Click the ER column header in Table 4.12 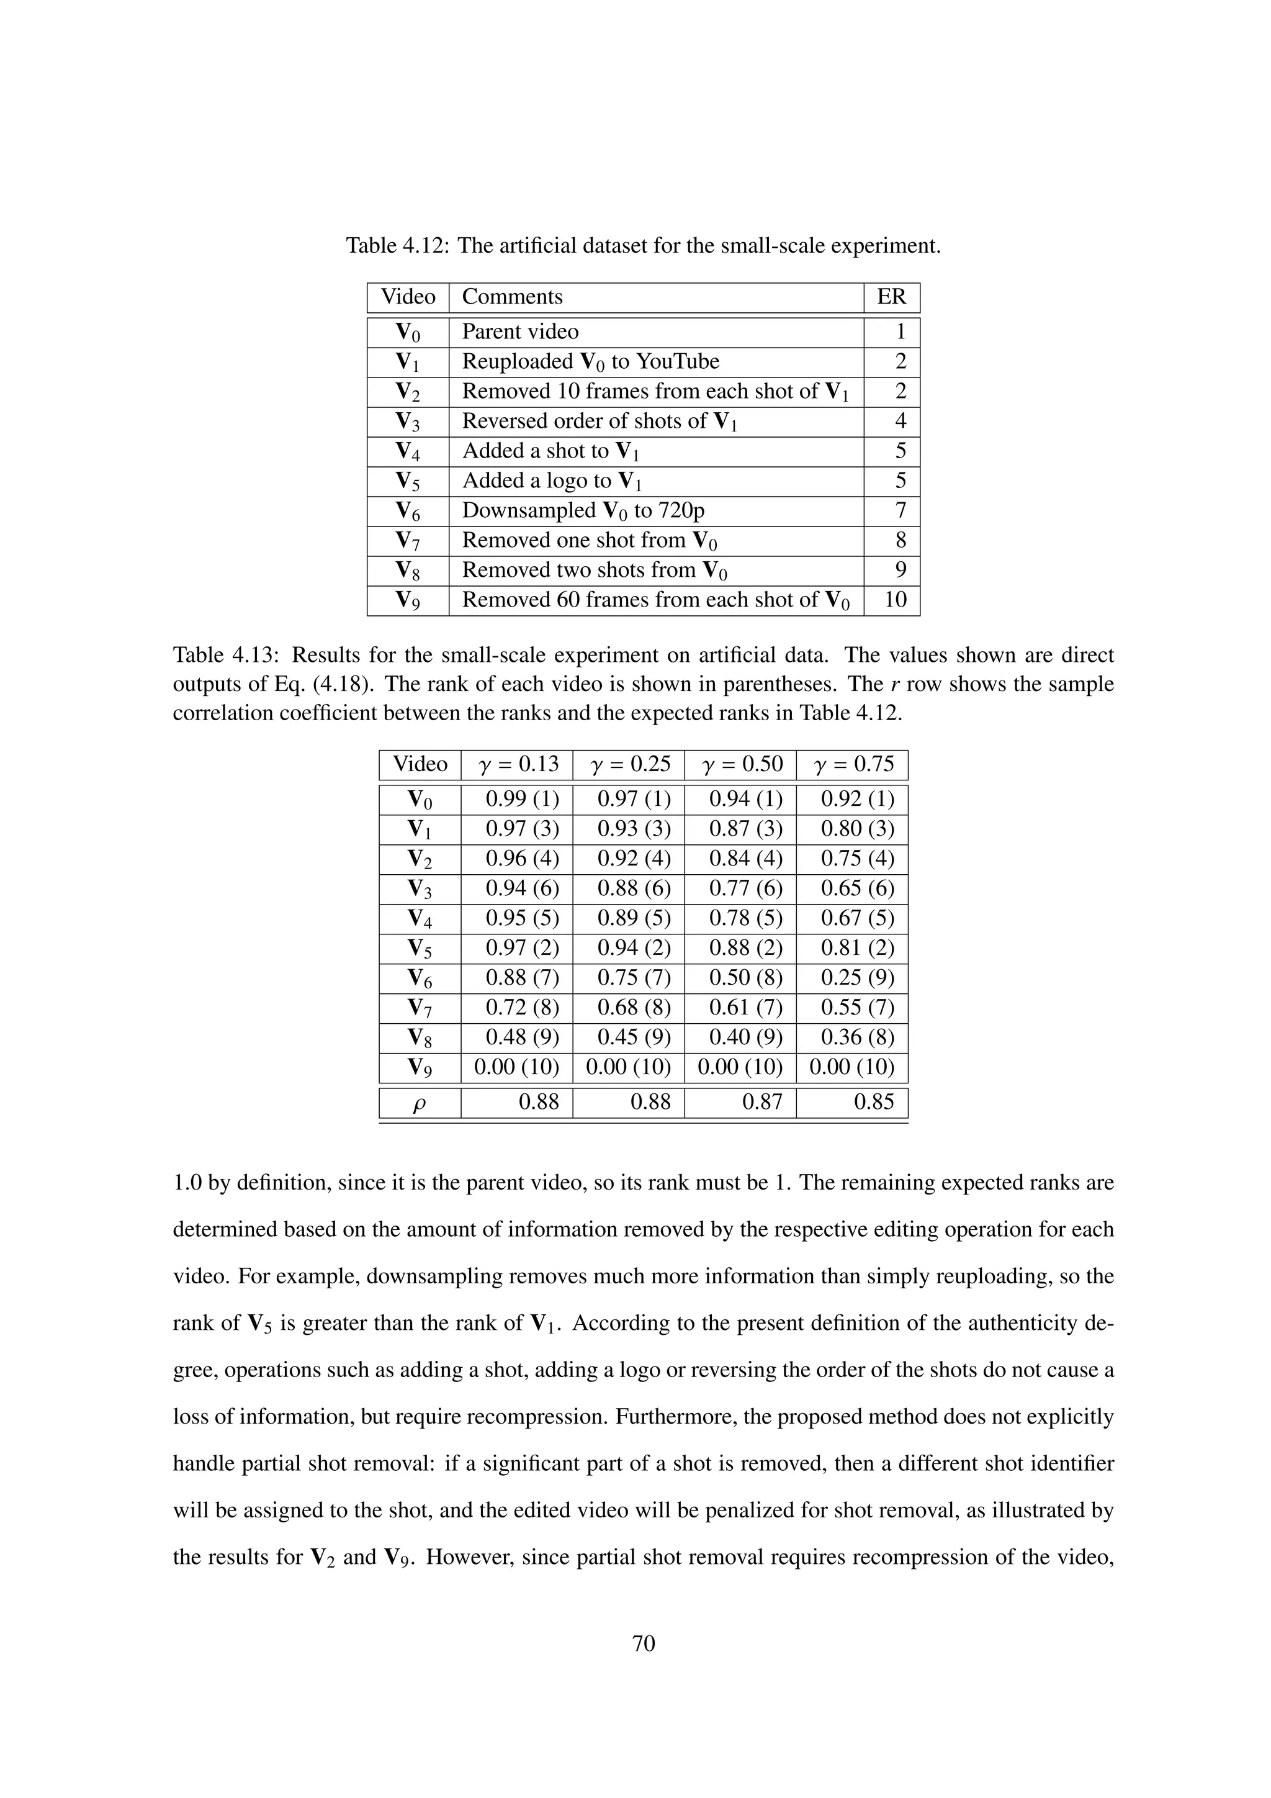(x=891, y=297)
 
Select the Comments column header (x=512, y=297)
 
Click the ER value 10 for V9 (x=894, y=600)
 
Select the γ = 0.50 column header (x=740, y=764)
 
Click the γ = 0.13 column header (x=516, y=764)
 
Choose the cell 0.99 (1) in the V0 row (x=522, y=800)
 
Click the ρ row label (x=420, y=1103)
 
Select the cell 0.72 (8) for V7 (x=522, y=1008)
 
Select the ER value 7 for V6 (x=900, y=510)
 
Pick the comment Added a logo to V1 (x=552, y=481)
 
